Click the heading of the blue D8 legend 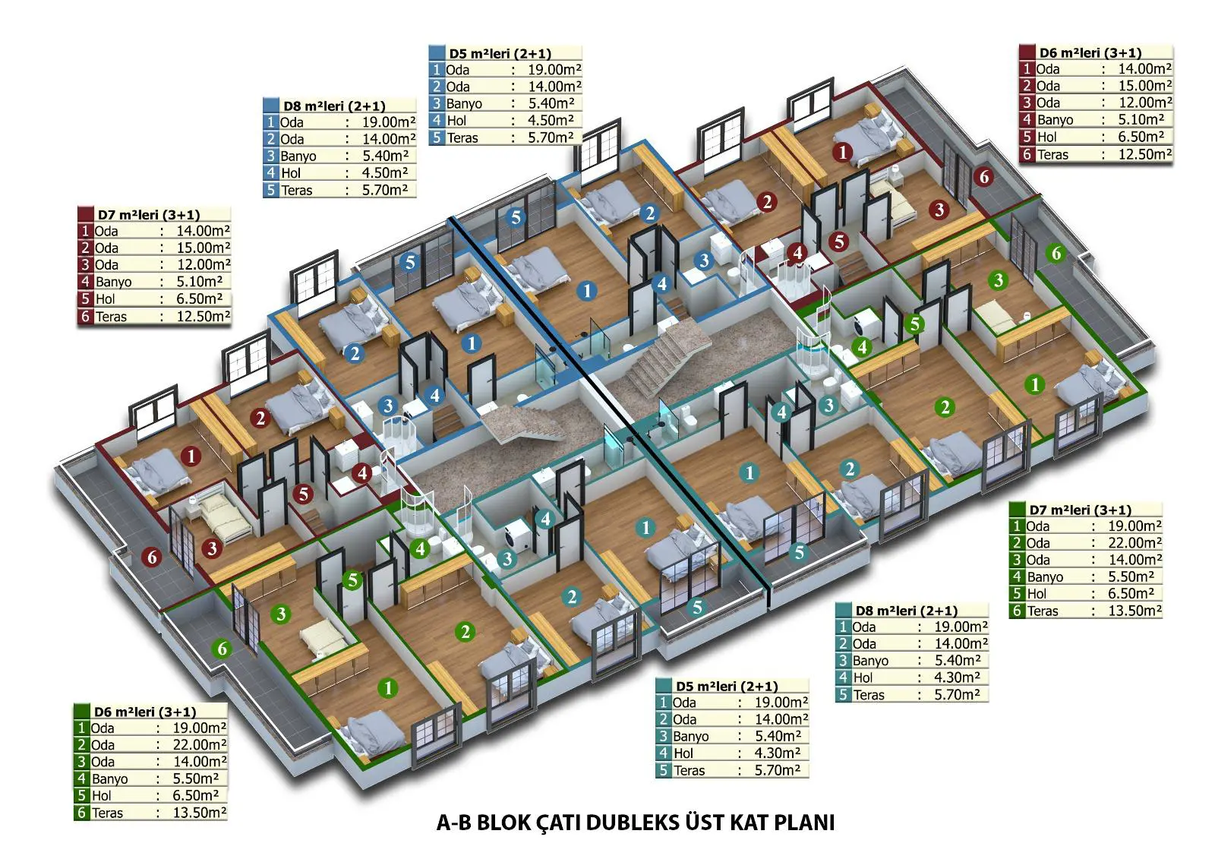pyautogui.click(x=334, y=106)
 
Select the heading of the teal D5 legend pyautogui.click(x=727, y=687)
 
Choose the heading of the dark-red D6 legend pyautogui.click(x=1090, y=53)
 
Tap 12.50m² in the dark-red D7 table pyautogui.click(x=204, y=317)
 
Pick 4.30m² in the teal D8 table pyautogui.click(x=957, y=677)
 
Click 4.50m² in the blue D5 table pyautogui.click(x=551, y=121)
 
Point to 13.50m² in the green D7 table pyautogui.click(x=1135, y=611)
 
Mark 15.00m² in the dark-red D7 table pyautogui.click(x=204, y=248)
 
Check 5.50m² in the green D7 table pyautogui.click(x=1131, y=576)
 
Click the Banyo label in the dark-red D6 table pyautogui.click(x=1055, y=120)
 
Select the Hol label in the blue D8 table pyautogui.click(x=291, y=173)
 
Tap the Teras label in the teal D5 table pyautogui.click(x=689, y=771)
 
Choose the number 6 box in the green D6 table pyautogui.click(x=81, y=813)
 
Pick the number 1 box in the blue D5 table pyautogui.click(x=437, y=70)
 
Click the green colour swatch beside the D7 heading pyautogui.click(x=1017, y=510)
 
